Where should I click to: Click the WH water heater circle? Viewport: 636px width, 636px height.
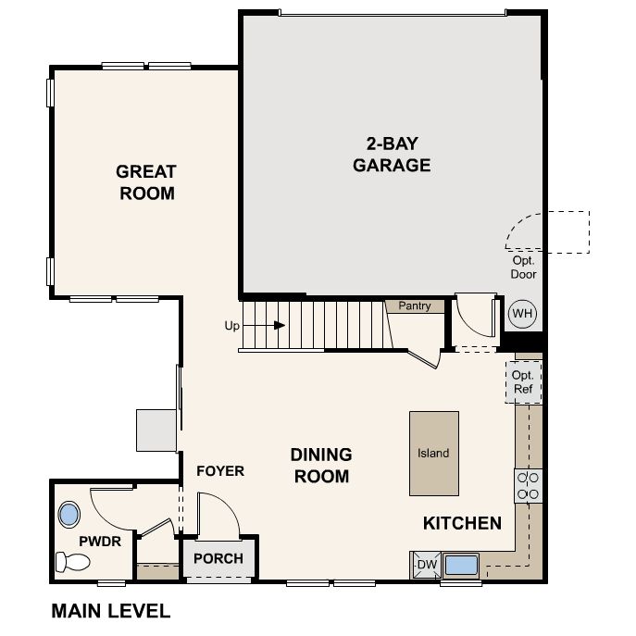point(522,314)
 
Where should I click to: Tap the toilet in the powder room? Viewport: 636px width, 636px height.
point(72,562)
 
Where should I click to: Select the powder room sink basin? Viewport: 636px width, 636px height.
point(69,515)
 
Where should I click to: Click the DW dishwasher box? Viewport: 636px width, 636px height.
point(427,564)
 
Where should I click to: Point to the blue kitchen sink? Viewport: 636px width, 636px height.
point(461,565)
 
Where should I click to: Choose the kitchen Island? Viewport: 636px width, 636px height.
point(434,454)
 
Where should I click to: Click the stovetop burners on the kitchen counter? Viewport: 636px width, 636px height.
point(528,486)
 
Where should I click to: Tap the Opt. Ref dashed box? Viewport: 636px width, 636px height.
point(523,382)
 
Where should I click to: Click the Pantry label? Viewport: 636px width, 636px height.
point(415,306)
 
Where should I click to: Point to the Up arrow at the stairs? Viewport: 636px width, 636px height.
point(264,325)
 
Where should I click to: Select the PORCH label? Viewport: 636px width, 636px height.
point(218,558)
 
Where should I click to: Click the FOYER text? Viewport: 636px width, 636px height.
point(220,471)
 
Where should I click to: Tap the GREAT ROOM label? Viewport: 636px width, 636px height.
point(146,182)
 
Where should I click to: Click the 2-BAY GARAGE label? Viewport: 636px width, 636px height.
point(392,155)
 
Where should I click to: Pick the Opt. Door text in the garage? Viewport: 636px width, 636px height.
point(523,268)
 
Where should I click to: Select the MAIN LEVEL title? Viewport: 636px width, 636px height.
point(111,611)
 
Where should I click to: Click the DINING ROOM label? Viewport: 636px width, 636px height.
point(321,466)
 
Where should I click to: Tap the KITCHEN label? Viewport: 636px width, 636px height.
point(462,523)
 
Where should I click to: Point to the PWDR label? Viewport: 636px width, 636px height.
point(100,541)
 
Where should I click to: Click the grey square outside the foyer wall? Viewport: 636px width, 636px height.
point(156,430)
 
